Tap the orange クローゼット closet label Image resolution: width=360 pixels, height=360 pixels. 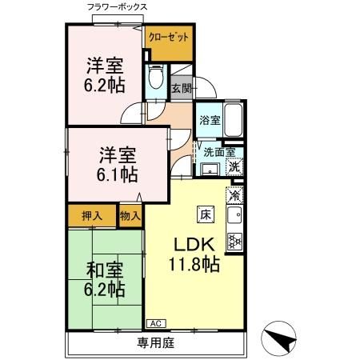tap(169, 37)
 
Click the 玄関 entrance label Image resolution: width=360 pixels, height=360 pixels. tap(182, 89)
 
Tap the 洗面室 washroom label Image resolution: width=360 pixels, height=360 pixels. tap(218, 151)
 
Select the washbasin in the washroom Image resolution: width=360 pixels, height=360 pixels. tap(210, 169)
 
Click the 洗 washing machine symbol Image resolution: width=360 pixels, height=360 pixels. tap(234, 167)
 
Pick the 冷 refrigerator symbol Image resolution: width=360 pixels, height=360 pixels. tap(235, 195)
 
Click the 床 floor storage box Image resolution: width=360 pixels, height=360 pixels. tap(204, 214)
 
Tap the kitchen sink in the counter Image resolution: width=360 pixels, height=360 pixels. tap(235, 215)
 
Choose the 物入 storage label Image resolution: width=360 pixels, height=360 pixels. tap(130, 214)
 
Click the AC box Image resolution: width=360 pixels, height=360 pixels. tap(154, 324)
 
